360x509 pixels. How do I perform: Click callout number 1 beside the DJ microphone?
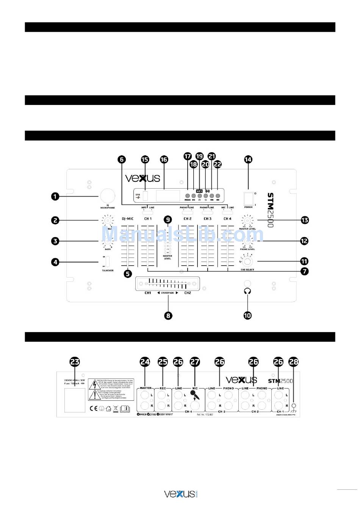click(55, 196)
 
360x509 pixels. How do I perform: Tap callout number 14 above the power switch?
click(248, 159)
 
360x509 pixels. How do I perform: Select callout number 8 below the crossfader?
click(168, 315)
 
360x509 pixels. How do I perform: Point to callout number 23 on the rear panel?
click(75, 362)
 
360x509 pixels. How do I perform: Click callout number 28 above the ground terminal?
click(294, 362)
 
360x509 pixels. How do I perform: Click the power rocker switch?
click(248, 198)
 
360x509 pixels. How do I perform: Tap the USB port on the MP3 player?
click(146, 196)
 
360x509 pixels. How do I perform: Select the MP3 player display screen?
click(168, 196)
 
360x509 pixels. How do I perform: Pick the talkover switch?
click(108, 262)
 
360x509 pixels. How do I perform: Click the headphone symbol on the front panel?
click(248, 291)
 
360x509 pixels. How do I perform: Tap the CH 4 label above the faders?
click(227, 219)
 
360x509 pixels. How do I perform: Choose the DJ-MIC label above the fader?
click(128, 219)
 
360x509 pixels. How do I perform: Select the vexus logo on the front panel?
click(142, 178)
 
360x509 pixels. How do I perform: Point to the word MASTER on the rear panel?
click(146, 388)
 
